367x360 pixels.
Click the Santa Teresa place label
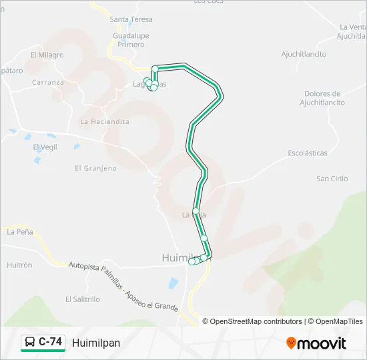click(x=131, y=20)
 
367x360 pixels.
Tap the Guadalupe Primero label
click(x=131, y=40)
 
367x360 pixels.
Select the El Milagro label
click(x=47, y=55)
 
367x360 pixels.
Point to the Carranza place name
click(x=48, y=83)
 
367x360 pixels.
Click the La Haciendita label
click(x=105, y=122)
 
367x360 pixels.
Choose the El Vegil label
click(x=45, y=147)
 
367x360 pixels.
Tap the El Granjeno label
click(x=95, y=169)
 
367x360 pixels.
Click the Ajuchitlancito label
click(x=304, y=54)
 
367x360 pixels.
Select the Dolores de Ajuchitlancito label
click(x=322, y=99)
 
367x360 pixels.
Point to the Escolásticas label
click(x=308, y=153)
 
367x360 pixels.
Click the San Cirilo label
click(x=332, y=179)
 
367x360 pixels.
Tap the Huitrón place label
click(x=19, y=265)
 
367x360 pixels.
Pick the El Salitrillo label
click(x=83, y=300)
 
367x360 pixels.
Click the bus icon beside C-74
click(x=30, y=343)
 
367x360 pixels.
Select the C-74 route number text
click(x=51, y=343)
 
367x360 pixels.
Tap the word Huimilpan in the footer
click(x=96, y=343)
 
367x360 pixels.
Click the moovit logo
click(x=316, y=343)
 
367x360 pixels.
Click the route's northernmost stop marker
click(x=155, y=69)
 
